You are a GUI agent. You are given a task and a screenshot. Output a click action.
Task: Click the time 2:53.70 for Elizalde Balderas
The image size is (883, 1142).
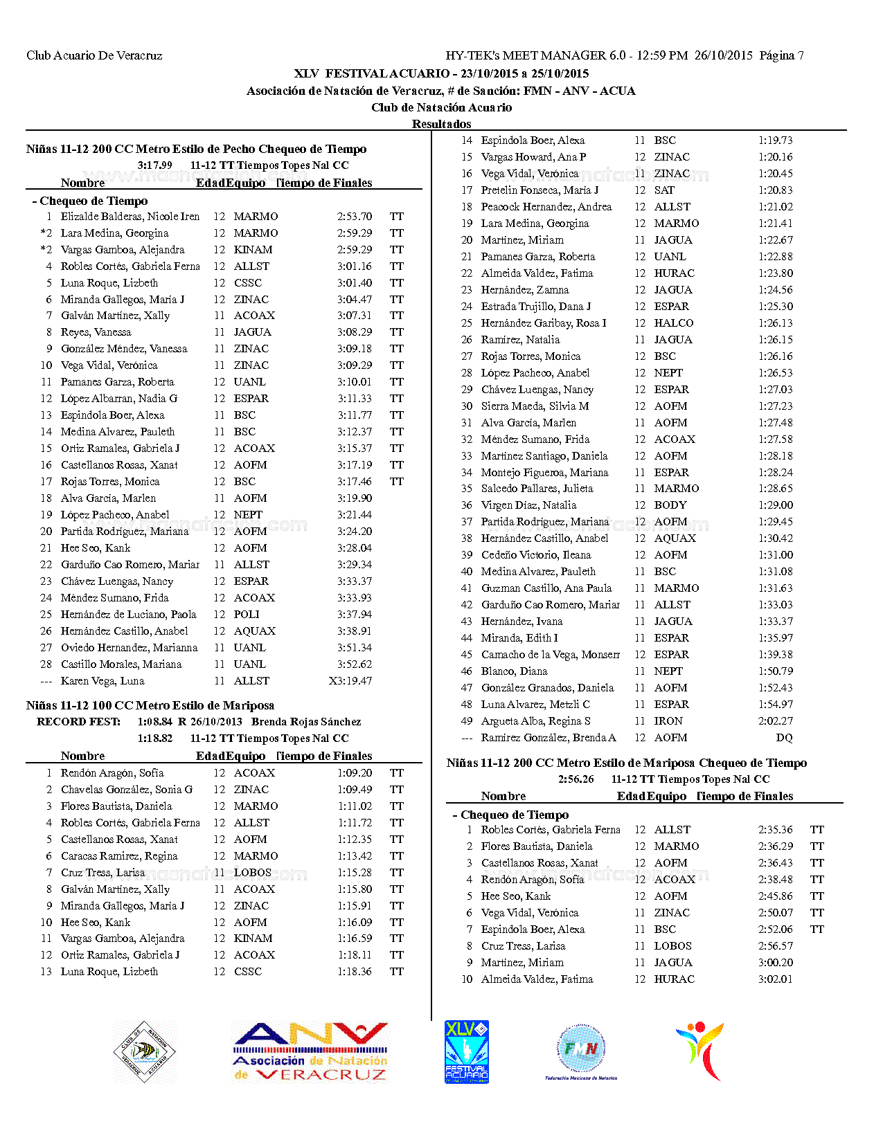[355, 217]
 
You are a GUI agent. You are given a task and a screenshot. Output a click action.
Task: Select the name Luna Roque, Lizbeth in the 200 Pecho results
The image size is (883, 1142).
[109, 283]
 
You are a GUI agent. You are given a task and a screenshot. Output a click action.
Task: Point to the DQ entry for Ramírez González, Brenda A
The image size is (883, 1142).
[784, 738]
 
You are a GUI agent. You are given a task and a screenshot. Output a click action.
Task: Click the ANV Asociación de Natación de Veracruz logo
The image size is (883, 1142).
[310, 1052]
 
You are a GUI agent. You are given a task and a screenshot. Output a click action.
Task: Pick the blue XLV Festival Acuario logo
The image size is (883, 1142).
[466, 1052]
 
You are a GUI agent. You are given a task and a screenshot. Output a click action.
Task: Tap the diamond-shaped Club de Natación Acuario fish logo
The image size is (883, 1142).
[144, 1052]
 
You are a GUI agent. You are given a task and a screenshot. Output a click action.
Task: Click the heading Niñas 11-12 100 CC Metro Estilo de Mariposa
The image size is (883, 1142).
[150, 705]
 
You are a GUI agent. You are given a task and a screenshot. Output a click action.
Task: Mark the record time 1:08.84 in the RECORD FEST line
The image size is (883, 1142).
[155, 722]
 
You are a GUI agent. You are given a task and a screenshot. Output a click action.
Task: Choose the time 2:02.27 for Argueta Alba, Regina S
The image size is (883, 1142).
[775, 721]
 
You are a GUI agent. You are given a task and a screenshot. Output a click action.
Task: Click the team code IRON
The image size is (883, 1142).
[668, 721]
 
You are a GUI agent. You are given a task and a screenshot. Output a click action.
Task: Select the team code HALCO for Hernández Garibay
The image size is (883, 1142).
[673, 323]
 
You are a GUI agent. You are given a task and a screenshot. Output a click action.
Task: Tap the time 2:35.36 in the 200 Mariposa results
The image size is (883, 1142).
[775, 830]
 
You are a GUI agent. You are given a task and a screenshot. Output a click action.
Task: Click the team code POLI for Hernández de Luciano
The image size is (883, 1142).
[247, 615]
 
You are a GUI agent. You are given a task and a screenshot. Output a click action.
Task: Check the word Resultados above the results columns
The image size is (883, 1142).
[441, 124]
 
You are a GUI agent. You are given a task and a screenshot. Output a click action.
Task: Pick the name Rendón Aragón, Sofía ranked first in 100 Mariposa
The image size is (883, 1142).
[112, 773]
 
